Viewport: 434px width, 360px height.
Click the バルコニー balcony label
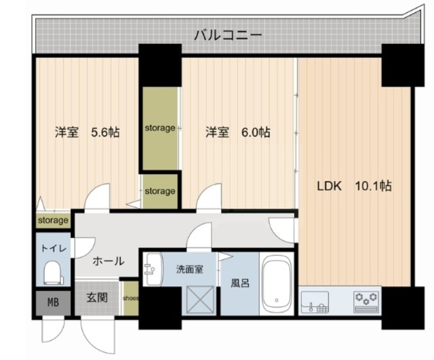228,35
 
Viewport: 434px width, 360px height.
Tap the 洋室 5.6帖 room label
87,132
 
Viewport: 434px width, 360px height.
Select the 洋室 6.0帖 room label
238,132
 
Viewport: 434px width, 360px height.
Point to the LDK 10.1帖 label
354,186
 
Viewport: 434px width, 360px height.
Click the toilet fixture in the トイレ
54,273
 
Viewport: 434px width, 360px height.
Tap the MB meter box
53,302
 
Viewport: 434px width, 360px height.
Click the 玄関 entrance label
97,298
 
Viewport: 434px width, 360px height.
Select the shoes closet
131,298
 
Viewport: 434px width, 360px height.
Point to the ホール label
108,261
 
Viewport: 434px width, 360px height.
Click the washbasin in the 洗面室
153,269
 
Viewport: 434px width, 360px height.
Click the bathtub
277,283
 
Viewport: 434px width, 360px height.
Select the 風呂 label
240,283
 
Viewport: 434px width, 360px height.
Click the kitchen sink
315,302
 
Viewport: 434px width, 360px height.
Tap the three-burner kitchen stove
367,302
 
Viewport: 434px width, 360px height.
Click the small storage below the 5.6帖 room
53,220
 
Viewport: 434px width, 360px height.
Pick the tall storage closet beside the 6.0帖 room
160,128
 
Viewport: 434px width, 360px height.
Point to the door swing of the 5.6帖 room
97,197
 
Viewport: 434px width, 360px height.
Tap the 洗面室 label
190,269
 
